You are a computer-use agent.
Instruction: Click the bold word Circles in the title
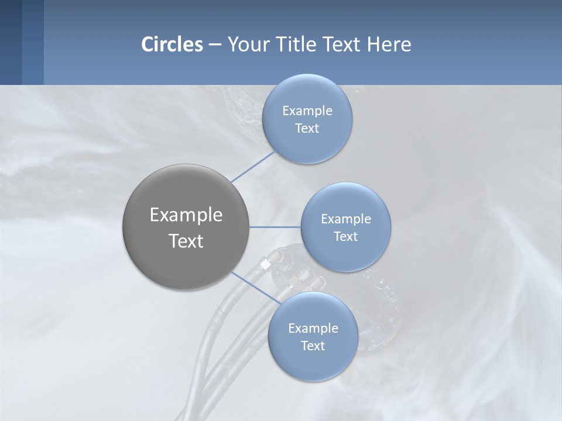[x=172, y=44]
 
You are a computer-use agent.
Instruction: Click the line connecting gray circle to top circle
[x=253, y=167]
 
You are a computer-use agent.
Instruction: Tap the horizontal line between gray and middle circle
[x=275, y=227]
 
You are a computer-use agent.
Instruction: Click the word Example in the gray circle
[x=186, y=215]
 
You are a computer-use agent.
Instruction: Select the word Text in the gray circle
[x=186, y=241]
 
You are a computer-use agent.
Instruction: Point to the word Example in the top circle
[x=307, y=111]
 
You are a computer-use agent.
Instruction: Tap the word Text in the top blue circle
[x=307, y=129]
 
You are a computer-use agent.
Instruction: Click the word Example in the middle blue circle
[x=345, y=219]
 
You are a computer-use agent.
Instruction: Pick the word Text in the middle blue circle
[x=345, y=237]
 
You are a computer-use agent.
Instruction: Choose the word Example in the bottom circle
[x=313, y=329]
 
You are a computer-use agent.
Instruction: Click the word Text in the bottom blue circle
[x=313, y=346]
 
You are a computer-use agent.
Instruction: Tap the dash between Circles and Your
[x=215, y=44]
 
